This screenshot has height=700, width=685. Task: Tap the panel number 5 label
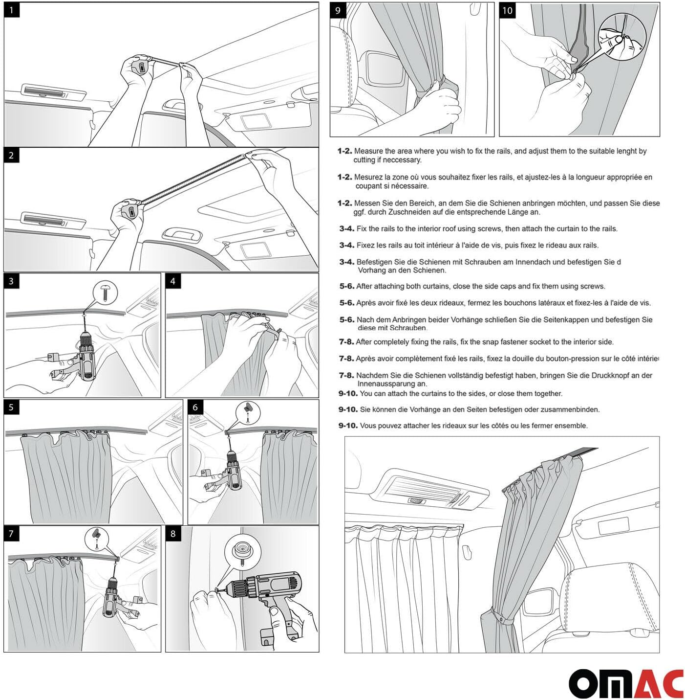click(x=11, y=407)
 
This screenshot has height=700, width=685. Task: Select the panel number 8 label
click(x=172, y=533)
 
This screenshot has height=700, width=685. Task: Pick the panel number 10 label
click(x=507, y=10)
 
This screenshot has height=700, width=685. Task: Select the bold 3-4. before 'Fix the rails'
click(x=346, y=228)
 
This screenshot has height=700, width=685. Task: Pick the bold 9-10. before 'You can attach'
click(x=348, y=393)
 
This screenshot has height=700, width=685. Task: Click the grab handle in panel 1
click(x=177, y=105)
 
